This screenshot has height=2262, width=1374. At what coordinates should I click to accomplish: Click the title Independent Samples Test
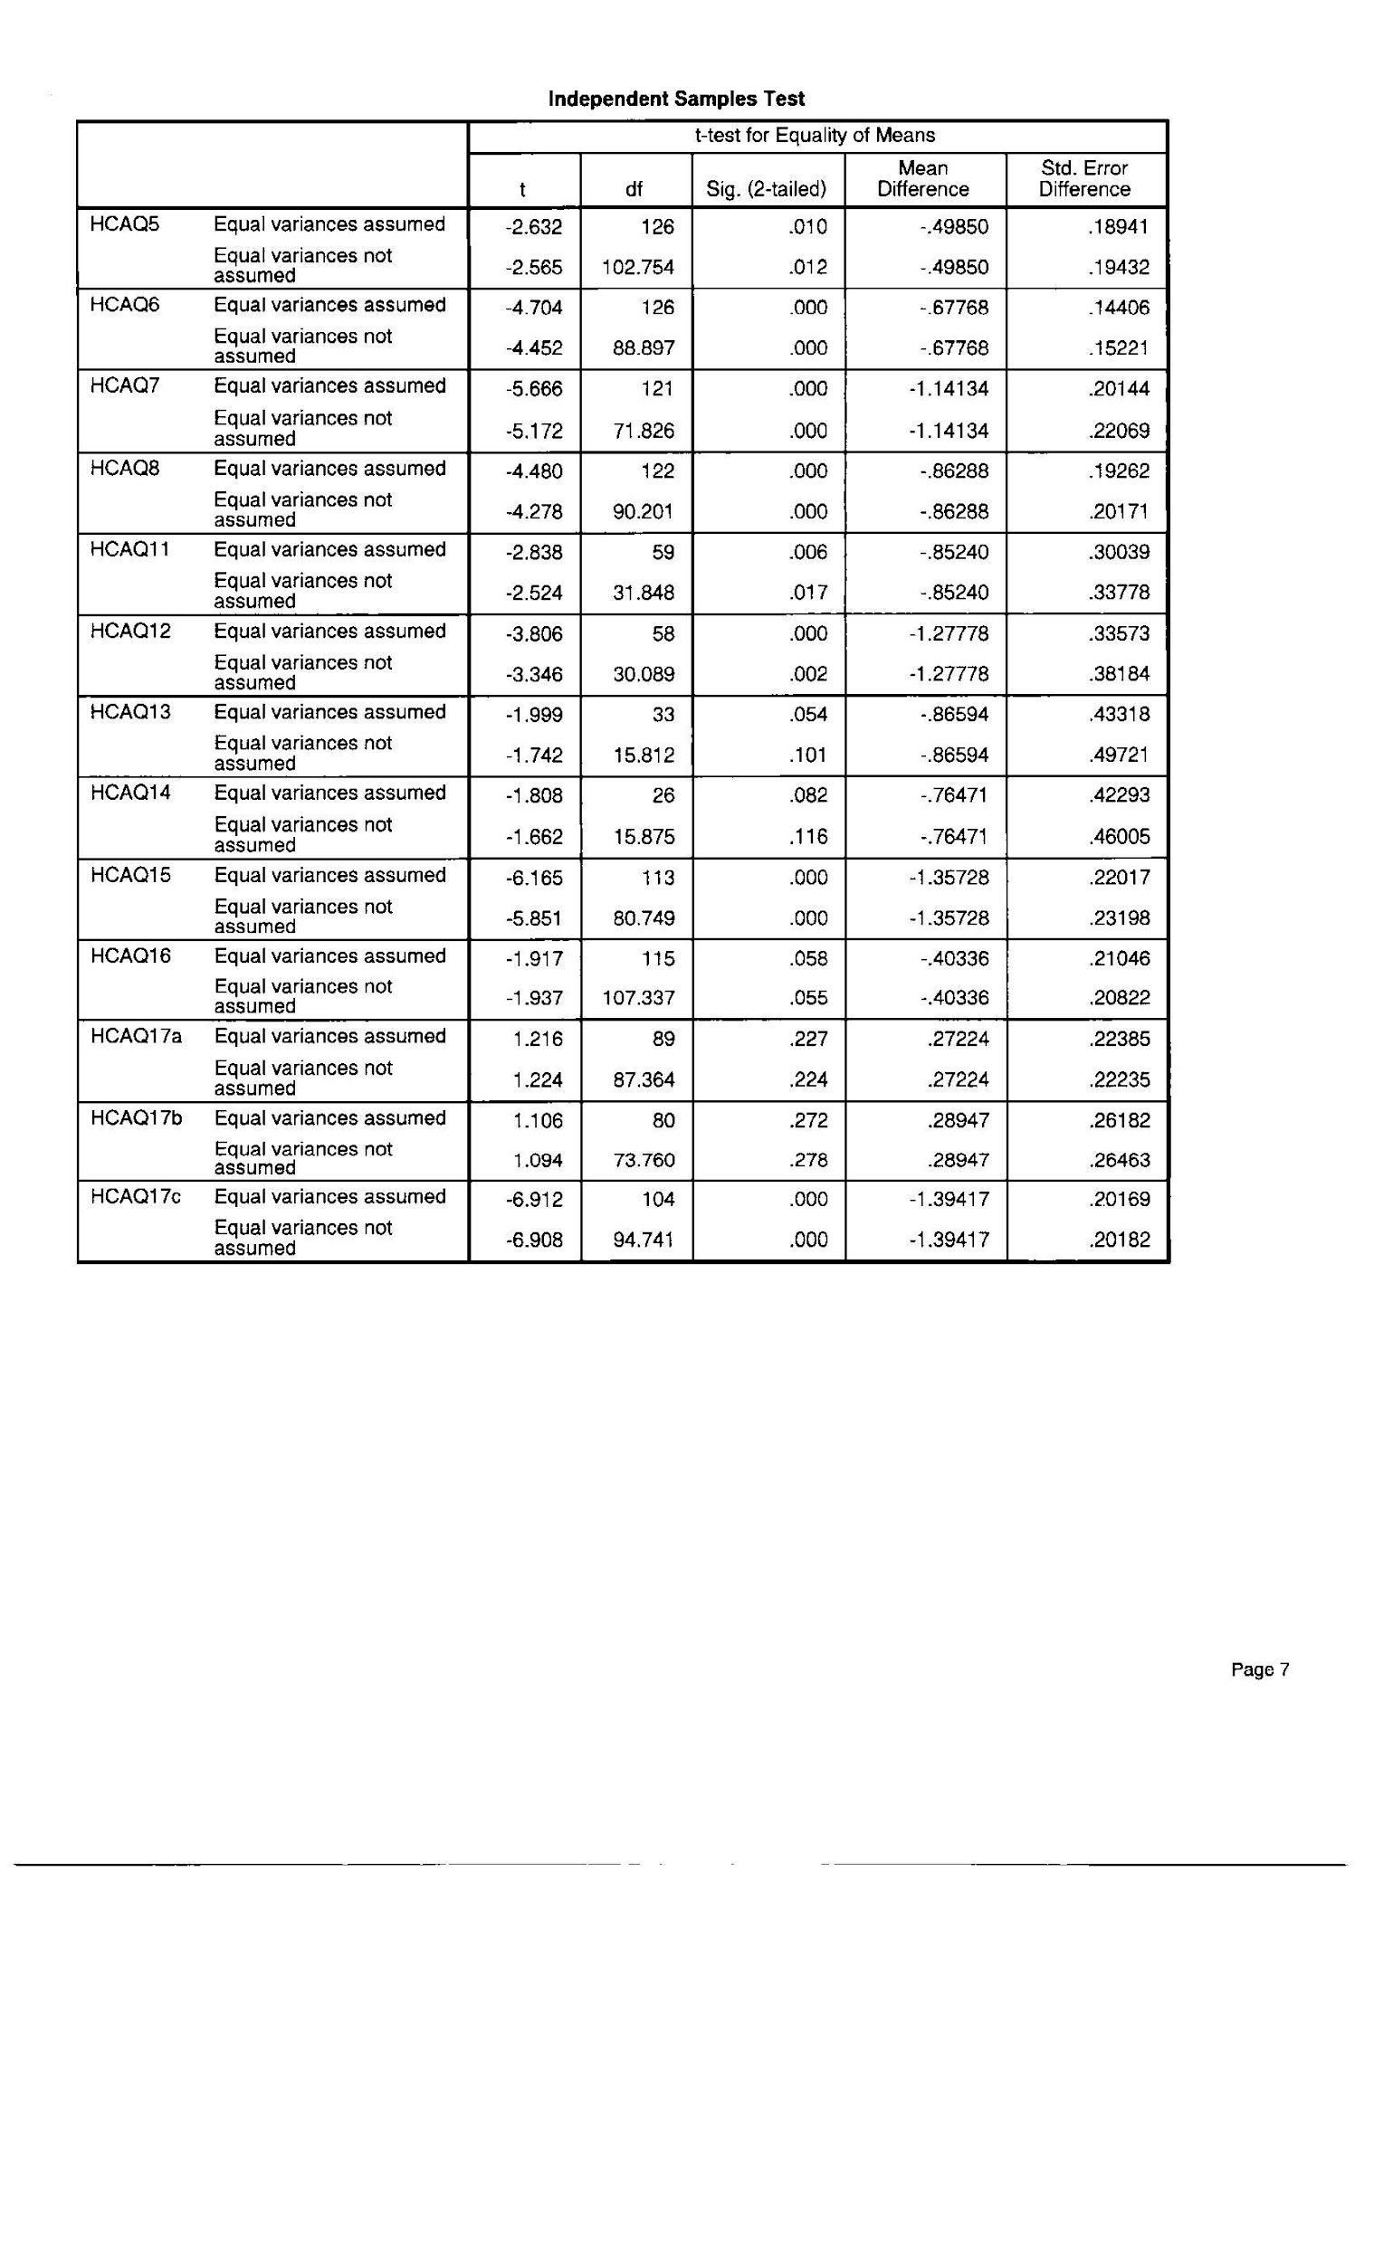pos(676,100)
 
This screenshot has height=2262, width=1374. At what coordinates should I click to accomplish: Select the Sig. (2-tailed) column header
pos(766,190)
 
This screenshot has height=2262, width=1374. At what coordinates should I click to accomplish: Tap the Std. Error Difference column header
pos(1083,179)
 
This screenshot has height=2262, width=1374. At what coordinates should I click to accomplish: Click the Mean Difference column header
pos(922,179)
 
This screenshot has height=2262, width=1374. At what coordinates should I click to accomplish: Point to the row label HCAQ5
pos(124,224)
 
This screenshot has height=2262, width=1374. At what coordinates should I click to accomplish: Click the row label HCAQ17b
pos(135,1117)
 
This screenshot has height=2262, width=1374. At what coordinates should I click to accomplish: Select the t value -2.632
pos(534,227)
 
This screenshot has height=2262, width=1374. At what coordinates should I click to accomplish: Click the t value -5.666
pos(534,389)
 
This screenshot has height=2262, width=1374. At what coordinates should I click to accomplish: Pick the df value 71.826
pos(643,431)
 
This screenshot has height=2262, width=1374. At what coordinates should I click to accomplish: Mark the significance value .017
pos(808,593)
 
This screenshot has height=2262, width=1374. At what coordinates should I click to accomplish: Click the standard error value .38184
pos(1119,674)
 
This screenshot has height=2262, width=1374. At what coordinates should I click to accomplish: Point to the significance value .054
pos(808,714)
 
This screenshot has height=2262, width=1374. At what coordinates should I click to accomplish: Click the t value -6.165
pos(534,878)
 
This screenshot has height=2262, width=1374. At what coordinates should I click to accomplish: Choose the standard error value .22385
pos(1119,1040)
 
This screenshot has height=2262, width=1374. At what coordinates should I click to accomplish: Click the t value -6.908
pos(534,1240)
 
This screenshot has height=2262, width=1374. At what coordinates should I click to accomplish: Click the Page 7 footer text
pos(1259,1670)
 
